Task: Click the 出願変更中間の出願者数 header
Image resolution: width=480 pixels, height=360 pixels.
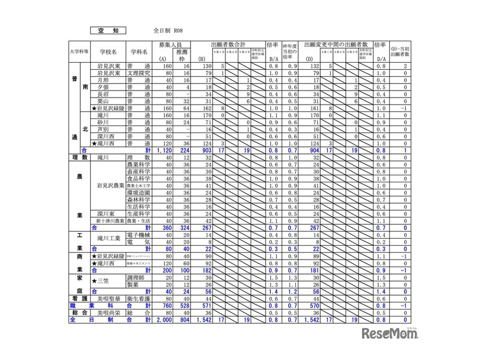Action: click(x=338, y=45)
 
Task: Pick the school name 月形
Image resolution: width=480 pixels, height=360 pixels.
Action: click(x=103, y=80)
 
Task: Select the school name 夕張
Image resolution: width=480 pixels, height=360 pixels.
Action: click(x=103, y=87)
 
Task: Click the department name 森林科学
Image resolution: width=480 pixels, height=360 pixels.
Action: click(x=139, y=199)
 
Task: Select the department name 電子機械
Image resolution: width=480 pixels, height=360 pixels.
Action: click(x=139, y=235)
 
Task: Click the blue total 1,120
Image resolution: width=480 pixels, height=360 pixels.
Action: click(x=157, y=150)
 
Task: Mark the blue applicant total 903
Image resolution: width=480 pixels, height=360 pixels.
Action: click(x=204, y=150)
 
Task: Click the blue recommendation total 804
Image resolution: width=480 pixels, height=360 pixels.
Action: click(x=182, y=319)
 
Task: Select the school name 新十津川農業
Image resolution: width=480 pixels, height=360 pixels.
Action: click(x=110, y=221)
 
